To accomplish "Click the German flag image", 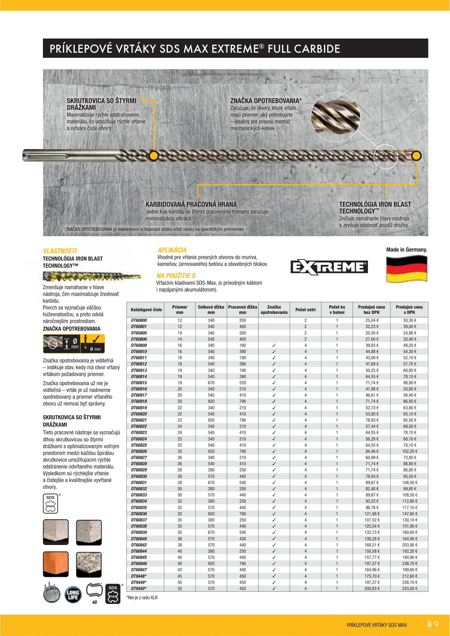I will (x=406, y=269).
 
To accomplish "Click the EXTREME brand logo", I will (x=329, y=267).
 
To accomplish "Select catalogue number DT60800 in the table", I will (x=139, y=320).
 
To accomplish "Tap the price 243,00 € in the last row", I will (x=409, y=589).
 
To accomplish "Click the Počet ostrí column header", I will (x=305, y=310).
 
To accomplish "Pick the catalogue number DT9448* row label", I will (x=139, y=576).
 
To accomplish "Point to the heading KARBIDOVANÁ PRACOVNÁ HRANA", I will (x=191, y=204).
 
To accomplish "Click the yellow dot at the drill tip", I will (x=416, y=156).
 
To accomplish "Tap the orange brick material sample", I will (x=56, y=564).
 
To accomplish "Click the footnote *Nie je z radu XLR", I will (x=142, y=598).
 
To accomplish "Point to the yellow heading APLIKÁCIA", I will (x=172, y=250).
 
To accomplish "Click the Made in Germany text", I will (x=406, y=250).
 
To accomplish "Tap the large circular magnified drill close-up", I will (x=336, y=117).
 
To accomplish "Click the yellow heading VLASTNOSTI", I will (x=60, y=251).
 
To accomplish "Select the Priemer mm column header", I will (x=180, y=310).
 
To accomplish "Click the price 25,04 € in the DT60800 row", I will (x=372, y=320).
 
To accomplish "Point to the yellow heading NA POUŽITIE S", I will (x=176, y=276).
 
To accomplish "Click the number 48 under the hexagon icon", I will (x=94, y=602).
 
